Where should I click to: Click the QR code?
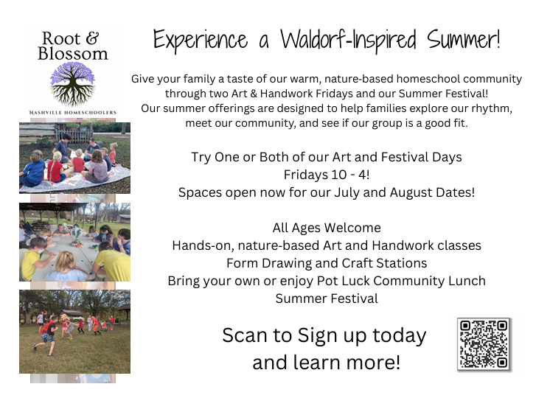point(484,344)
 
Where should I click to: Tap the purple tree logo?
point(72,84)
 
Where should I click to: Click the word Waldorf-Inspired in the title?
point(348,40)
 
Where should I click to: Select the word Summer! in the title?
point(463,39)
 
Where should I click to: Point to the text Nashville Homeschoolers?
point(72,113)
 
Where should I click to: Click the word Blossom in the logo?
point(73,54)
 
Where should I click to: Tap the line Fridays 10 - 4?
point(327,175)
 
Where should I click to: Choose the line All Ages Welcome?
point(327,228)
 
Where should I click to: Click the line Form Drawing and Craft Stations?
point(327,263)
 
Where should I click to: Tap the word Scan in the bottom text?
point(245,335)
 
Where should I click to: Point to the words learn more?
point(347,362)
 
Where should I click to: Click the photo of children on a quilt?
point(74,158)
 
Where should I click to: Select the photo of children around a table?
point(74,242)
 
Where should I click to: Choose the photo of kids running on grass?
point(74,332)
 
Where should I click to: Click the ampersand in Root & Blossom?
point(92,38)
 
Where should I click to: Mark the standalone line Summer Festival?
point(327,298)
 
